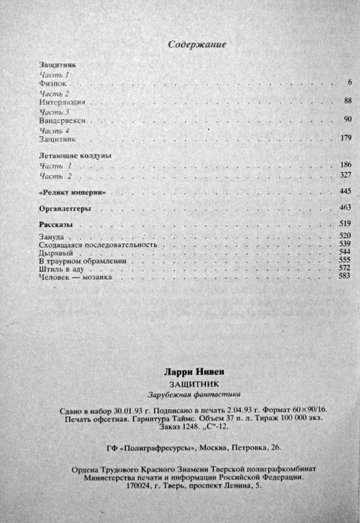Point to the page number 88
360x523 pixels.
coord(347,100)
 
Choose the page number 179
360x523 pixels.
coord(346,138)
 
